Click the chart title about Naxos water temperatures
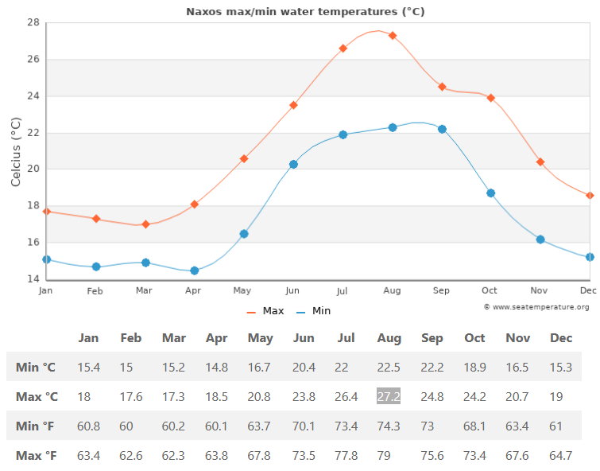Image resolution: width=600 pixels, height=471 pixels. pos(305,11)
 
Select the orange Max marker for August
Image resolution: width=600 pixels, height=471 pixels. pos(393,36)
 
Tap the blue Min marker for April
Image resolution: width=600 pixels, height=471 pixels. pos(195,271)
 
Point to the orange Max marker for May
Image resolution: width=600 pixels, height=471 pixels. pos(244,158)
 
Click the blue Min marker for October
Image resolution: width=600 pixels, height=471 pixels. pos(491,193)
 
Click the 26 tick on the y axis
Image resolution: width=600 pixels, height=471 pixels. pos(33,60)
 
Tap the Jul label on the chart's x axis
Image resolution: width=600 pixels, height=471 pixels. pos(343,291)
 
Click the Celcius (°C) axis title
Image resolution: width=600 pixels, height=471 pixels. pos(16,151)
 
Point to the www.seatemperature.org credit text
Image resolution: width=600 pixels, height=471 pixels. pos(536,307)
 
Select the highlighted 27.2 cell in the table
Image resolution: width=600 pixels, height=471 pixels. pos(389,396)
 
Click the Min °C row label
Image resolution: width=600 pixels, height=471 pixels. pos(36,367)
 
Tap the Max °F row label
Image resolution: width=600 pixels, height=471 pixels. pos(37,456)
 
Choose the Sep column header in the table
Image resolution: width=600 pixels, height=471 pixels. pos(432,338)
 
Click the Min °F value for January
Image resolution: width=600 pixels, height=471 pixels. pos(88,426)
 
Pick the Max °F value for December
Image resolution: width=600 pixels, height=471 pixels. pos(561,456)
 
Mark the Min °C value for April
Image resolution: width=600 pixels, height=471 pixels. pos(216,367)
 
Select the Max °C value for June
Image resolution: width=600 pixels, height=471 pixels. pos(304,396)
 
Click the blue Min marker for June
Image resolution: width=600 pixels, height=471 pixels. pos(293,164)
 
